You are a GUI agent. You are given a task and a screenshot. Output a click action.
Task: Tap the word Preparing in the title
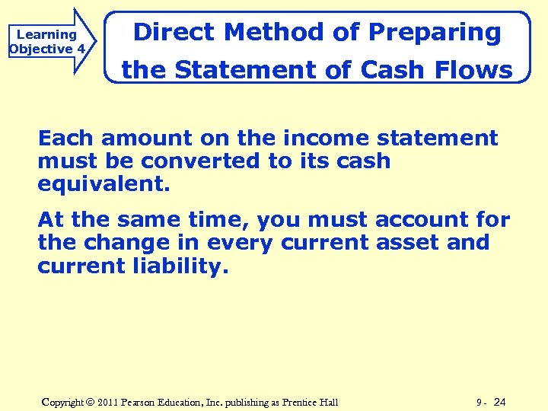[x=435, y=33]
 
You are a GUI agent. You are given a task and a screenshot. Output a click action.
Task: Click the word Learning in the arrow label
[x=46, y=34]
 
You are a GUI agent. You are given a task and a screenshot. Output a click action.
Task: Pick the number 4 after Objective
[x=81, y=49]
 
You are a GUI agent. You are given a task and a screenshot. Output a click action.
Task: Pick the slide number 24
[x=500, y=402]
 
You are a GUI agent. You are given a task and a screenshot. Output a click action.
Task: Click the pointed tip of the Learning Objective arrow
[x=97, y=41]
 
